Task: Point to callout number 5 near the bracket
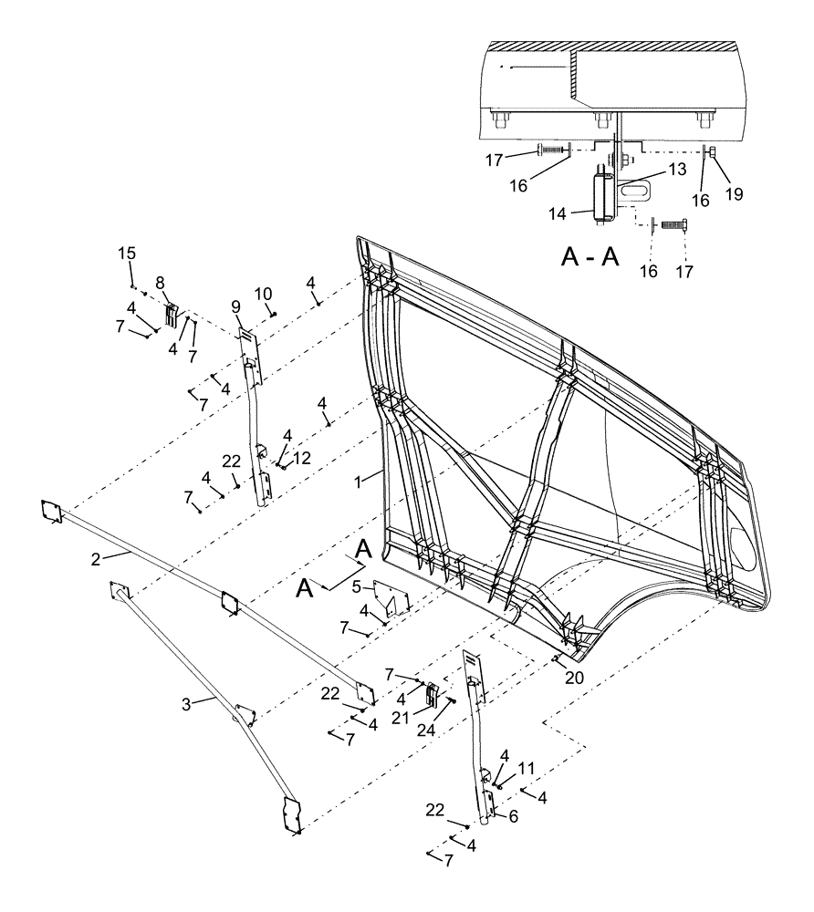[x=358, y=586]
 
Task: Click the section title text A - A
[x=590, y=257]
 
